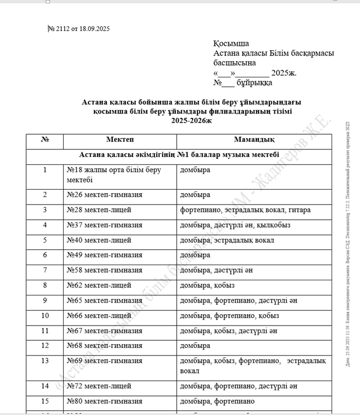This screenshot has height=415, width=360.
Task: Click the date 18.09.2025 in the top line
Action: pos(94,29)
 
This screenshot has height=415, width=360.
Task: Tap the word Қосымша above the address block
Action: pos(231,44)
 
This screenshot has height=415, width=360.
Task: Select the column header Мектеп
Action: pos(120,140)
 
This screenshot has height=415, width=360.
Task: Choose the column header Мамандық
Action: pos(254,140)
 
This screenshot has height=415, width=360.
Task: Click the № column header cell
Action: pos(45,140)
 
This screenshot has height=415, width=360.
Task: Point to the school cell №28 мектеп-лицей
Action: pos(99,209)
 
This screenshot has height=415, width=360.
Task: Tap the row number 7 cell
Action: pos(45,270)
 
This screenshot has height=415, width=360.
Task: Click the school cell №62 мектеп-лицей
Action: pos(99,285)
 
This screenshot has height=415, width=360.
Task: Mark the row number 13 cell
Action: pos(45,361)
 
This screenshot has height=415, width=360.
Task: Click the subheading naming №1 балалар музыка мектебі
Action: pos(179,155)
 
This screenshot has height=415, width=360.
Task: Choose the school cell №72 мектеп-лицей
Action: pos(99,386)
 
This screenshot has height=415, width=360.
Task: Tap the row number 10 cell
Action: pos(45,316)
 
